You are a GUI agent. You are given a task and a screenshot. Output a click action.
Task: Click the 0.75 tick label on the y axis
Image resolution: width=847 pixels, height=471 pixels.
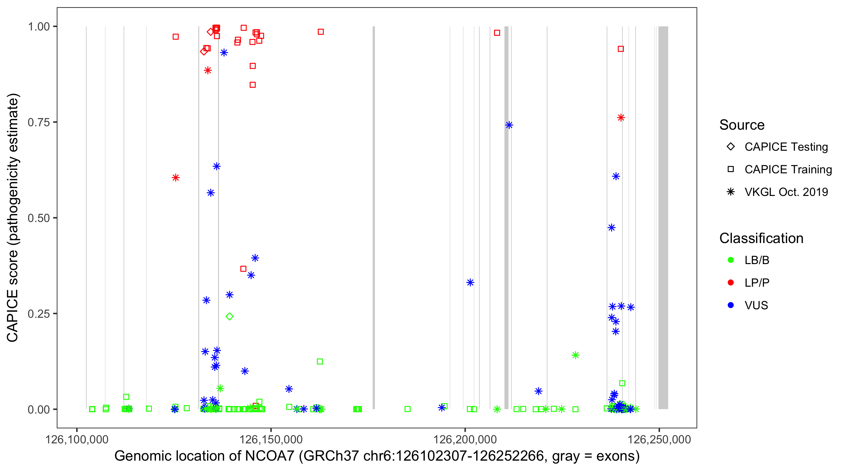click(38, 122)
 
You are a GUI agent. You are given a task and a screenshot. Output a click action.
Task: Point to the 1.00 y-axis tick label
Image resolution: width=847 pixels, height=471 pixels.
click(38, 27)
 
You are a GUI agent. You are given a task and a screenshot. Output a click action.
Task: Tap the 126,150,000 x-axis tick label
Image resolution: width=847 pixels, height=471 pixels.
click(271, 439)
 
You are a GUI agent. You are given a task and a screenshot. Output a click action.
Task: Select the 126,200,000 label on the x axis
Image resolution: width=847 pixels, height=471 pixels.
click(465, 439)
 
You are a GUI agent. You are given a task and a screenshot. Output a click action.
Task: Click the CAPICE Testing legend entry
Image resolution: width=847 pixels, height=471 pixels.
click(786, 147)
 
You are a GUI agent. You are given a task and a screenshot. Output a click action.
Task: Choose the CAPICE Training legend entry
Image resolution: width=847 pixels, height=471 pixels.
click(788, 170)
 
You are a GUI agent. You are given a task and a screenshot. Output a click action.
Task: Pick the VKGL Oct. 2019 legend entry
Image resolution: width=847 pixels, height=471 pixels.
click(786, 192)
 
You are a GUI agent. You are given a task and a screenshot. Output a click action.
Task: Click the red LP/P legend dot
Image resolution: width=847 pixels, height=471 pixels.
click(731, 283)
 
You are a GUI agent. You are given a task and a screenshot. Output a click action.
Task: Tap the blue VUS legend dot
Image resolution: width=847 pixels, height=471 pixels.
click(731, 306)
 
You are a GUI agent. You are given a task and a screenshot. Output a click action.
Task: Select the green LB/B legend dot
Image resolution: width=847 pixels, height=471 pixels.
click(731, 260)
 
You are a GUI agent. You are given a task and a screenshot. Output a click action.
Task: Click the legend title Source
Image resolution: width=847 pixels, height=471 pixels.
click(742, 125)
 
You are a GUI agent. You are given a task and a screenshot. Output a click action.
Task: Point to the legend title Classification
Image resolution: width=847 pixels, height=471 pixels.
click(761, 238)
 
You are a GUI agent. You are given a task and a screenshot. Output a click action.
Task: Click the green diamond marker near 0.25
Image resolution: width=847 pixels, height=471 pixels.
click(230, 317)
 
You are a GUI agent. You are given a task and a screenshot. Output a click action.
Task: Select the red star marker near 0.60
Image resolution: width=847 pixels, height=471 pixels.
click(176, 178)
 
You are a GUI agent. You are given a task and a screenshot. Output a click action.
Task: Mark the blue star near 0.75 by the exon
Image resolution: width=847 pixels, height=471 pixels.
click(509, 125)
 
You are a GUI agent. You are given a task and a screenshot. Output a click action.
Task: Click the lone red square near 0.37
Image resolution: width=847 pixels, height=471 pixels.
click(243, 269)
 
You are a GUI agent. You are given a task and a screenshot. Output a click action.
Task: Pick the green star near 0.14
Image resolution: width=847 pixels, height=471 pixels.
click(575, 355)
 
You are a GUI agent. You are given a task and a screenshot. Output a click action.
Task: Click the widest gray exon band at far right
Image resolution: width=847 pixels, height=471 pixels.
click(663, 217)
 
